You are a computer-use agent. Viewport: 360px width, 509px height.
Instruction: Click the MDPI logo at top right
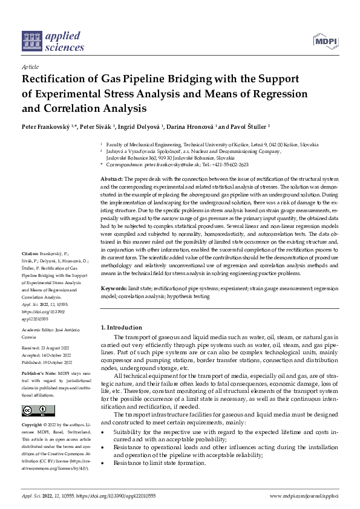pyautogui.click(x=325, y=41)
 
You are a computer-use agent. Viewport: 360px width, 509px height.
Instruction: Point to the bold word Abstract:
pyautogui.click(x=111, y=180)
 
